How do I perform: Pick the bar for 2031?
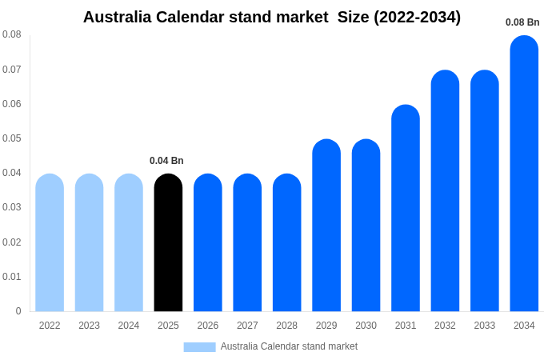[406, 208]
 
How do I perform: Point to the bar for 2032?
[445, 191]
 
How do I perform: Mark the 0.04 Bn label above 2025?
[166, 161]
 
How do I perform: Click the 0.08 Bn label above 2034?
[522, 22]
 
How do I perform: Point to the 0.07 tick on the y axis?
[12, 70]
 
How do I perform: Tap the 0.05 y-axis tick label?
[12, 138]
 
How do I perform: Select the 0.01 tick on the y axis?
[12, 277]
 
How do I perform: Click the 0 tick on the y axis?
[18, 311]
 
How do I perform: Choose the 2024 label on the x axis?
[129, 326]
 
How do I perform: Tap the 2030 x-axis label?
[366, 326]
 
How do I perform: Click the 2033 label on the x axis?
[485, 326]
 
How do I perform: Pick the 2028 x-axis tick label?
[286, 326]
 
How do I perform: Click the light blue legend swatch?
[199, 347]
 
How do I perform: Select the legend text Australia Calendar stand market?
[289, 346]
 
